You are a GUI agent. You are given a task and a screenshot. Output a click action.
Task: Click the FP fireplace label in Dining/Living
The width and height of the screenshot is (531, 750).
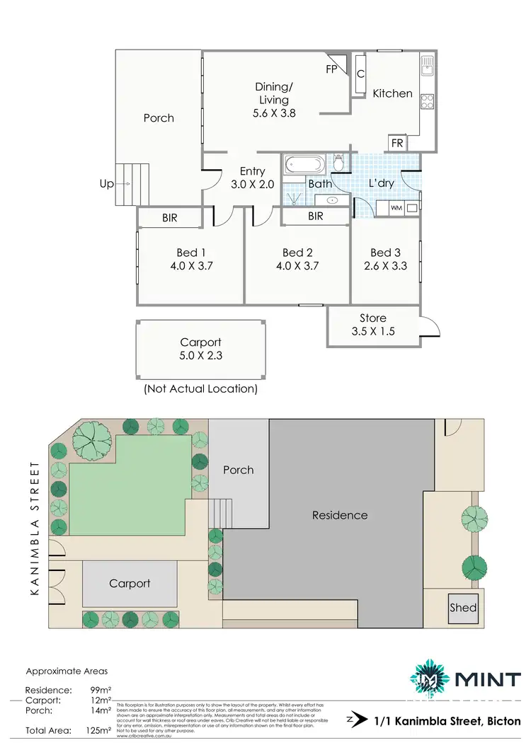click(x=331, y=69)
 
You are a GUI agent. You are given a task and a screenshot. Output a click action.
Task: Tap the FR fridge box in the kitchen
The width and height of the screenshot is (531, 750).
click(x=397, y=142)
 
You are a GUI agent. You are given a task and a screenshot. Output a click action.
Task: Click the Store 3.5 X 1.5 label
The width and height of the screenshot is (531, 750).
click(x=372, y=325)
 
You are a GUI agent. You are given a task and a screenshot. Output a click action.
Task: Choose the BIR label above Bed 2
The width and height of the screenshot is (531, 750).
click(x=316, y=216)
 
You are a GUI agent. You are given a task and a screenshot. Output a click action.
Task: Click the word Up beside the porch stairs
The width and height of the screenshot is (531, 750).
click(x=107, y=184)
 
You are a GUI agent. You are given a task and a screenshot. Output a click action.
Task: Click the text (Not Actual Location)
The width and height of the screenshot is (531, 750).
click(x=200, y=389)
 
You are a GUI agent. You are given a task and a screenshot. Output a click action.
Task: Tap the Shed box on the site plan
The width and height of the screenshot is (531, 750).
click(x=463, y=607)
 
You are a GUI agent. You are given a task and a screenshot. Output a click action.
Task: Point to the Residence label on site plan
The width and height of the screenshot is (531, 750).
click(x=340, y=515)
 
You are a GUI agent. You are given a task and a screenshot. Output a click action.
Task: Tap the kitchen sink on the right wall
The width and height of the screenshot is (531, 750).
click(x=428, y=67)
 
